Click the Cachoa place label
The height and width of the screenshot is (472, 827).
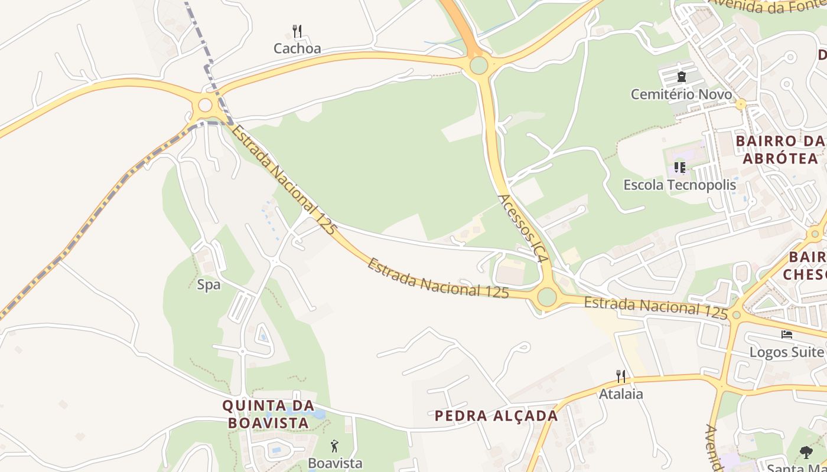[297, 48]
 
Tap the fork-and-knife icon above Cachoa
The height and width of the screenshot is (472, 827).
[297, 30]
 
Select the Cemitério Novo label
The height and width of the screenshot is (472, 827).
[681, 94]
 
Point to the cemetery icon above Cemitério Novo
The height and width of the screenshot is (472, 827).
[682, 76]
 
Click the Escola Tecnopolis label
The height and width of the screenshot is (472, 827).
[680, 185]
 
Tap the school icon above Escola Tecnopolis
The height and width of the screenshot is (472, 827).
[680, 168]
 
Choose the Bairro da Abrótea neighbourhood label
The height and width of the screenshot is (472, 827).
[780, 150]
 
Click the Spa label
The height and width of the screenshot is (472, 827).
[209, 285]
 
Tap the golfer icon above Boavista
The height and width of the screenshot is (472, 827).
[335, 446]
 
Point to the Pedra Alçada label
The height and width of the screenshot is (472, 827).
[496, 415]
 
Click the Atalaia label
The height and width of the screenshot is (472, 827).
[621, 394]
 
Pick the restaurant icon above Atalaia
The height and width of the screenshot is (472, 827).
[620, 376]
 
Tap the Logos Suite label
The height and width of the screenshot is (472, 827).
[786, 352]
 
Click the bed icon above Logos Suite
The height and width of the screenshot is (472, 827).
[786, 334]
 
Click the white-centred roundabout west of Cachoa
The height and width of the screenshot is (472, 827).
[205, 105]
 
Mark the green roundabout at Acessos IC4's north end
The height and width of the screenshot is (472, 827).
[478, 65]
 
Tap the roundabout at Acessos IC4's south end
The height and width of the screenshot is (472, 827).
[547, 296]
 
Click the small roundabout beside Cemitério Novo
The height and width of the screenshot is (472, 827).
[741, 104]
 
